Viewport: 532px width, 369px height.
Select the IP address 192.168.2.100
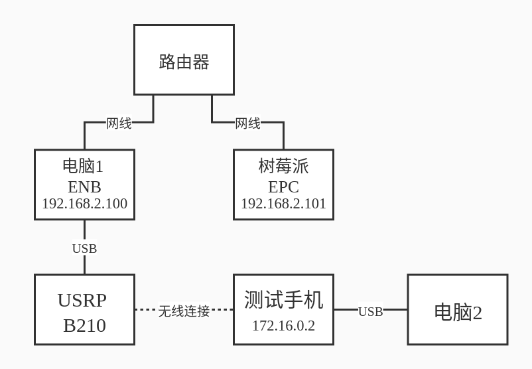click(84, 204)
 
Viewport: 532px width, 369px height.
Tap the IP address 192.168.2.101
click(283, 204)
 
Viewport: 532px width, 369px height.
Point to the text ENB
click(84, 186)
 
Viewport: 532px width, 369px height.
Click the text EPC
click(283, 186)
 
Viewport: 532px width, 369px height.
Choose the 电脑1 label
click(83, 166)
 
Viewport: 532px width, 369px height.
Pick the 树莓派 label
click(283, 166)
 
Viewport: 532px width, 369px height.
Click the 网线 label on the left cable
click(119, 123)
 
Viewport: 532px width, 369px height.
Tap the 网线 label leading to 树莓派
click(247, 123)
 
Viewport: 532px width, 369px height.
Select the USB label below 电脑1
click(84, 248)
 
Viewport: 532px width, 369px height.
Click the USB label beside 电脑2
click(370, 311)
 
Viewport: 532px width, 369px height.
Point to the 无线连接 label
click(184, 311)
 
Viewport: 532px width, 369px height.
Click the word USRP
click(82, 300)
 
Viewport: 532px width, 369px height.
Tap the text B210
click(84, 325)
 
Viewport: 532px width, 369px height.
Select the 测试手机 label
click(283, 300)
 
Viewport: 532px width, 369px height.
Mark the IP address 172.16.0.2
click(283, 326)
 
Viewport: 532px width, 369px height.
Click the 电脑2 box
click(458, 312)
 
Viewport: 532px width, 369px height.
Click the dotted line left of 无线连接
click(146, 309)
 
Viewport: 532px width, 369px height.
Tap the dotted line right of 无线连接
click(222, 309)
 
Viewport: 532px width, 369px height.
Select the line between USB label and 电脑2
click(395, 309)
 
